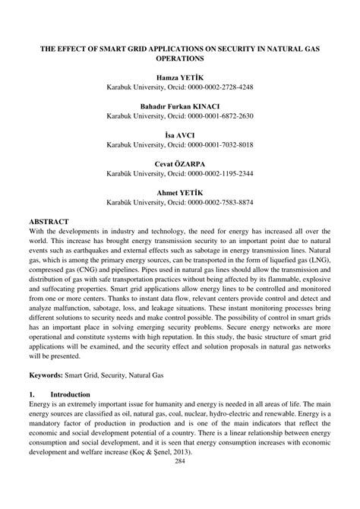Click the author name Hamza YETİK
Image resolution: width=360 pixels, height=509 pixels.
pyautogui.click(x=179, y=77)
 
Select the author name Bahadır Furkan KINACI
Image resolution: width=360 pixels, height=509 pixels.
pyautogui.click(x=179, y=106)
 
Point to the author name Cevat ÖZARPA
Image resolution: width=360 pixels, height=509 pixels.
pyautogui.click(x=179, y=163)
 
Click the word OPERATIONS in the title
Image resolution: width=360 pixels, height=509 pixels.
pyautogui.click(x=180, y=58)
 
